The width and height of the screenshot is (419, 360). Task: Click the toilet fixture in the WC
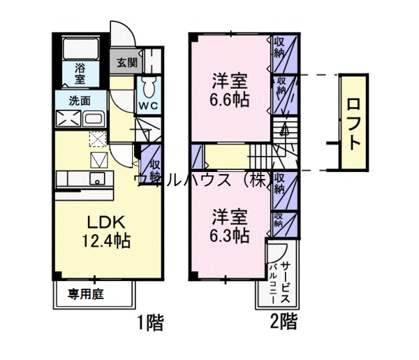(148, 87)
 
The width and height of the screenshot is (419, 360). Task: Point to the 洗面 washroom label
(79, 101)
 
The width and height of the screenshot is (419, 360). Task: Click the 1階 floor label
(149, 323)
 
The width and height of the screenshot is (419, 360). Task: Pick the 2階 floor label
(284, 323)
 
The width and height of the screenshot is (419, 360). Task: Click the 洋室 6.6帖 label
(230, 89)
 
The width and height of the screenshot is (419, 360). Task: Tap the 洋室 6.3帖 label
(230, 225)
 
